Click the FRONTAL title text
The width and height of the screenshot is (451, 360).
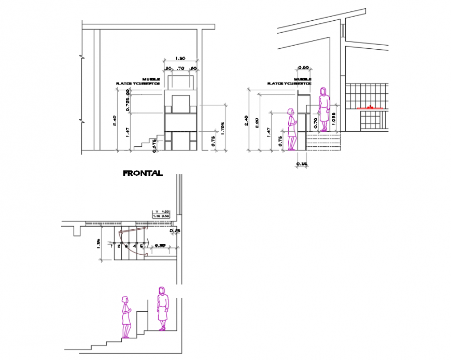point(143,173)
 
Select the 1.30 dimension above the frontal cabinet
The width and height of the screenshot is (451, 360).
point(180,58)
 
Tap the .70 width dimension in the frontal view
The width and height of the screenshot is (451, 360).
point(180,68)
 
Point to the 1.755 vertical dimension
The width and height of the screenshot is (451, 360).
point(222,128)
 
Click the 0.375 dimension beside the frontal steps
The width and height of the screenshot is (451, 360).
point(154,146)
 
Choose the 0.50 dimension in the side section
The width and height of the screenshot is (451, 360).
point(304,67)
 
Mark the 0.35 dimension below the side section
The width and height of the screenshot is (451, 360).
point(301,164)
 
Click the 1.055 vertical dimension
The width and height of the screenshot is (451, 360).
point(333,119)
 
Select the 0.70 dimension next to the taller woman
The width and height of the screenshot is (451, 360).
point(316,123)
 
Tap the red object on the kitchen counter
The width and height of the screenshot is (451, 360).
point(370,106)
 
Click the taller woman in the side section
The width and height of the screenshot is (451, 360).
point(324,109)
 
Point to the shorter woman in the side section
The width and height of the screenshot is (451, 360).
point(292,129)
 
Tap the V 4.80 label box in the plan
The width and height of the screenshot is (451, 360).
point(162,212)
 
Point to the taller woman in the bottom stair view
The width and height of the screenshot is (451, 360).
point(163,308)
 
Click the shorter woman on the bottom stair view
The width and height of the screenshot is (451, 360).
point(125,316)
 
